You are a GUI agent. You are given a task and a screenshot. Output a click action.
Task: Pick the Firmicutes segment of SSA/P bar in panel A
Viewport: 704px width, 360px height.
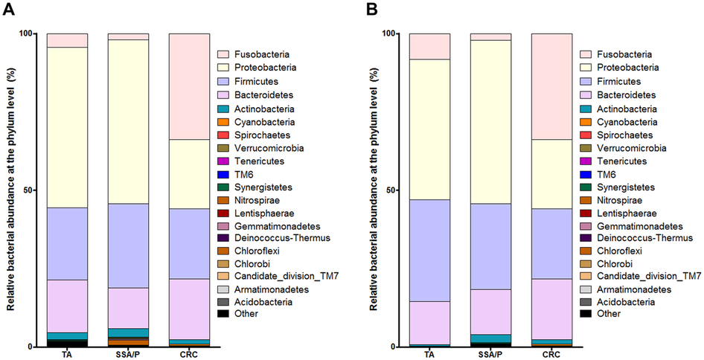(x=128, y=245)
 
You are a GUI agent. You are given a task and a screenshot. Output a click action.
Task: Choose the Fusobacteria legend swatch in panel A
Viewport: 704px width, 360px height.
(x=223, y=54)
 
